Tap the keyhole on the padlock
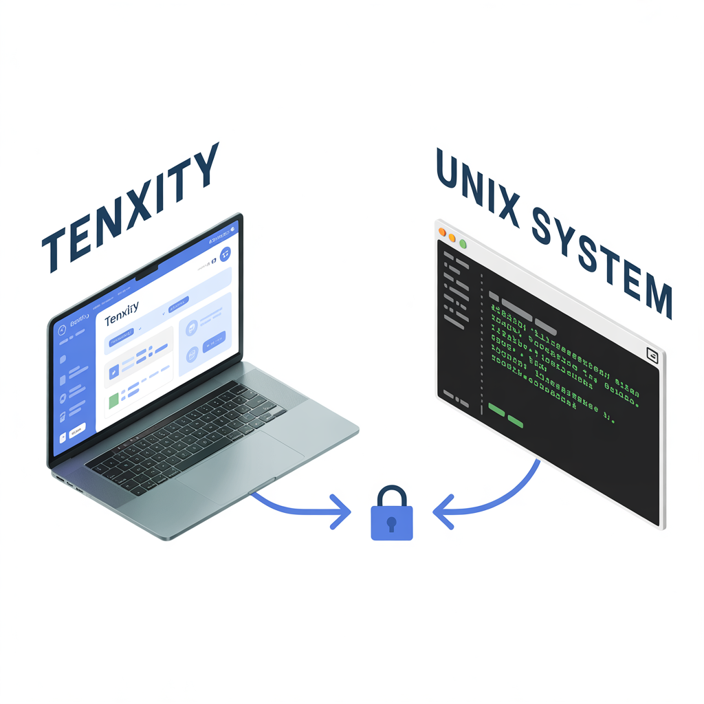tap(392, 525)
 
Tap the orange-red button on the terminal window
tap(443, 234)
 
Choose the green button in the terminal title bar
tap(463, 243)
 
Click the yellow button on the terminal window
tap(452, 239)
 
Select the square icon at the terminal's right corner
tap(652, 355)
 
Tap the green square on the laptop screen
tap(113, 401)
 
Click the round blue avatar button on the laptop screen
tap(225, 254)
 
